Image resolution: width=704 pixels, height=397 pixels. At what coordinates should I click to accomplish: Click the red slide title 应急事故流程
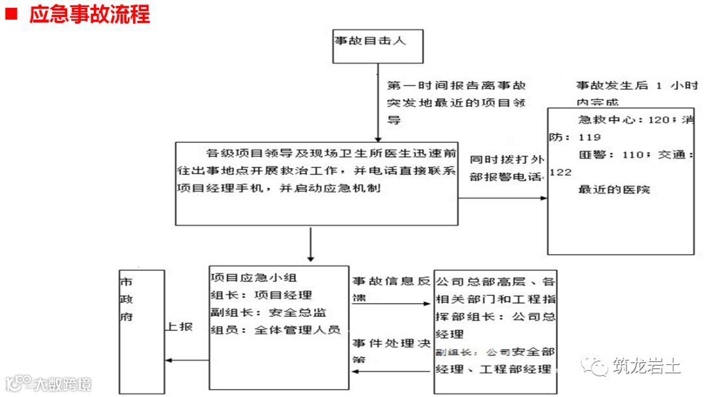(89, 14)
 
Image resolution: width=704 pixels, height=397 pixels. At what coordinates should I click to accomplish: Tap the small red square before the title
(11, 14)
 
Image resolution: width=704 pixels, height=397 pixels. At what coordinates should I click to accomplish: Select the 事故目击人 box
(377, 46)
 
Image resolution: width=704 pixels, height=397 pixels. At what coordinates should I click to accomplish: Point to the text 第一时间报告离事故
(456, 86)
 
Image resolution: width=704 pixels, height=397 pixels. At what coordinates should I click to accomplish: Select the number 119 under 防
(589, 138)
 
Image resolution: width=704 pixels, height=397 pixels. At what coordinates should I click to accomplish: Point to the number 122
(561, 173)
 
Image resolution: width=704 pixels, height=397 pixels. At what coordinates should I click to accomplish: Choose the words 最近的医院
(613, 190)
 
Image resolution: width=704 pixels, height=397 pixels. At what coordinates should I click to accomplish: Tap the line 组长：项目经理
(261, 295)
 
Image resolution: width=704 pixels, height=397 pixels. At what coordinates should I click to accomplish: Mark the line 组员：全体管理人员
(275, 330)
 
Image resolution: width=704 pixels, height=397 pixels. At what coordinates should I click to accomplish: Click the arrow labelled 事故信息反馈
(391, 304)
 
